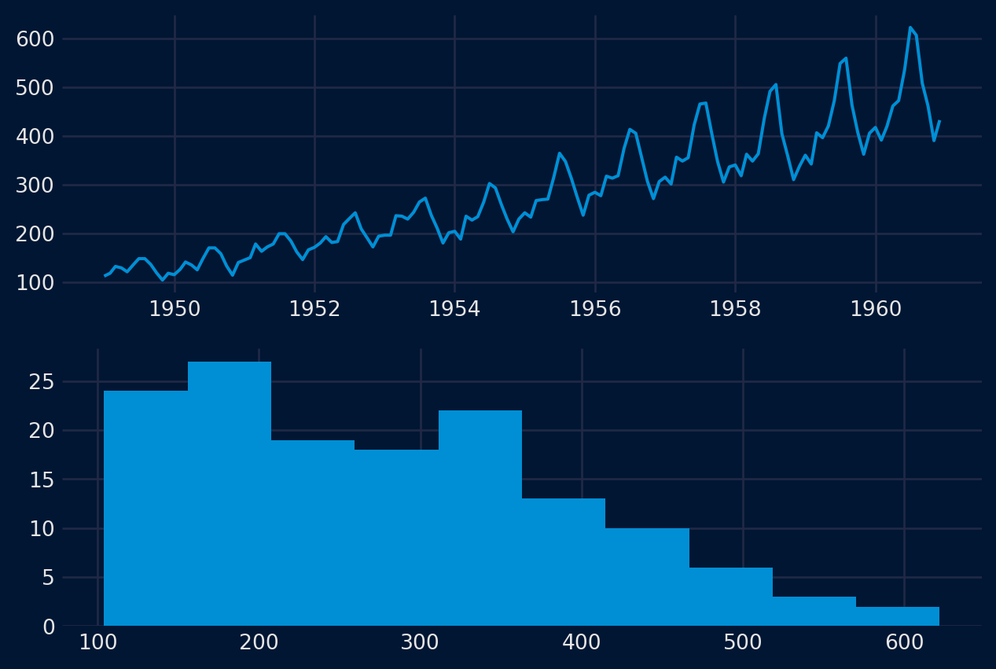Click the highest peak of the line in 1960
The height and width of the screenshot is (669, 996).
(910, 28)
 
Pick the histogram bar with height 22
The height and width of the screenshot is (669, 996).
(480, 518)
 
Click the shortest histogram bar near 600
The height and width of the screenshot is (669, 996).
(898, 616)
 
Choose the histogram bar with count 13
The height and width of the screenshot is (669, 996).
(564, 562)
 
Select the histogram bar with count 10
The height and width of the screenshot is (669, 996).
(647, 577)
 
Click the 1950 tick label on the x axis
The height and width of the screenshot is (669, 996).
(175, 309)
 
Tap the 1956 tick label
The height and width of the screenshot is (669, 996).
(595, 309)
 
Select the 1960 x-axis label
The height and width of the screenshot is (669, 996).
(876, 309)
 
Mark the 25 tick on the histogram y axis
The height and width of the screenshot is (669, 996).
(42, 382)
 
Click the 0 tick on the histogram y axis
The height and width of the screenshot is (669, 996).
(49, 627)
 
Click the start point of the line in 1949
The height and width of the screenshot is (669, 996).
(105, 275)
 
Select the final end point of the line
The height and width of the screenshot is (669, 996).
(939, 121)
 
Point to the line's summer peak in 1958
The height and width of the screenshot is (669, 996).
(776, 84)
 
